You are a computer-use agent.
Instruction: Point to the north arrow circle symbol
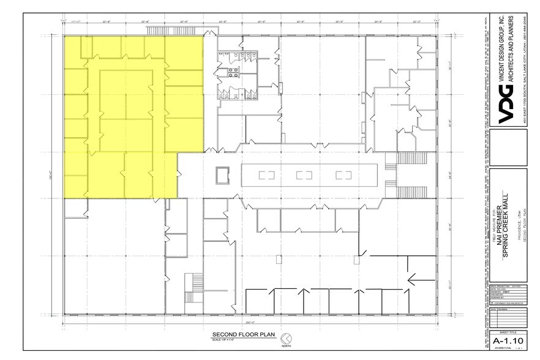(x=285, y=337)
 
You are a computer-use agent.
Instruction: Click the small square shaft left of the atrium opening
(x=221, y=176)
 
